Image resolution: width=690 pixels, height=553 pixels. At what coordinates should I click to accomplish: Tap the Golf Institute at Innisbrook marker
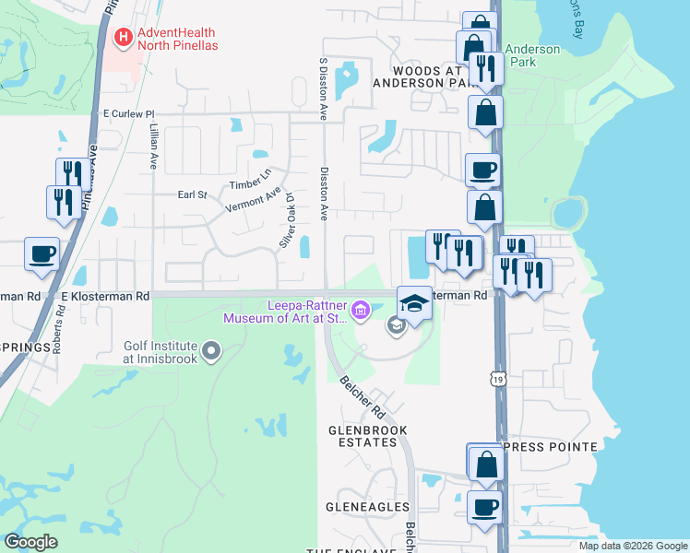click(212, 349)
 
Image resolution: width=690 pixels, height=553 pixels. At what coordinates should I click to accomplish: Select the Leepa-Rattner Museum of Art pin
click(361, 309)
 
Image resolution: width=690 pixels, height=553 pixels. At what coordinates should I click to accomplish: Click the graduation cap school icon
click(414, 304)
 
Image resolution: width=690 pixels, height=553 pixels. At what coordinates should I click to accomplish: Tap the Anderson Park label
click(532, 56)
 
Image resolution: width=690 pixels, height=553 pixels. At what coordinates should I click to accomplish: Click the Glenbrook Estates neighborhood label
click(368, 438)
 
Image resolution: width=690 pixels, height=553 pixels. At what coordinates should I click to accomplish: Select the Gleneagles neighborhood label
click(367, 507)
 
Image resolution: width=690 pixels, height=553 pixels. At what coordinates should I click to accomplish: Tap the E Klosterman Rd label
click(104, 297)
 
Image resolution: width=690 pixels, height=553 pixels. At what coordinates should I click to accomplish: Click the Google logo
click(30, 541)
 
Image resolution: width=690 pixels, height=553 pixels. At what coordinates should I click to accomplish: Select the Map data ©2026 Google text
click(632, 546)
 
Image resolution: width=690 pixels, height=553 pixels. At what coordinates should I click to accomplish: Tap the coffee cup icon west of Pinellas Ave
click(42, 253)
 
